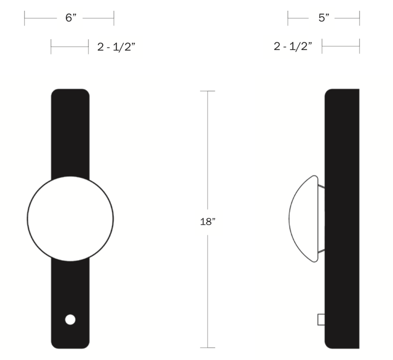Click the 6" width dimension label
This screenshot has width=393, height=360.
(71, 18)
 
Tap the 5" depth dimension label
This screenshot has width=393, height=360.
(323, 18)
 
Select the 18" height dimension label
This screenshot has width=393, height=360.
(208, 221)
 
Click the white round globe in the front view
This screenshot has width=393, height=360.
(70, 218)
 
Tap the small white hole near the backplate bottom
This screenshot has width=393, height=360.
(70, 320)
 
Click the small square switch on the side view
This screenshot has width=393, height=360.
(321, 320)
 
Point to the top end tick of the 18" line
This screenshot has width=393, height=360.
(208, 91)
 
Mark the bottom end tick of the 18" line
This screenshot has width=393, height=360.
(208, 348)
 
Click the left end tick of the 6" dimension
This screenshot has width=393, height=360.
(25, 19)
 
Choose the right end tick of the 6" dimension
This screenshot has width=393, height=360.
(114, 19)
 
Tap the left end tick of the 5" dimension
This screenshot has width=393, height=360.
(288, 19)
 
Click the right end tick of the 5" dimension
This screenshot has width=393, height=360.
(360, 19)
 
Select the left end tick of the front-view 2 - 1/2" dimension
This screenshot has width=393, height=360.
(51, 47)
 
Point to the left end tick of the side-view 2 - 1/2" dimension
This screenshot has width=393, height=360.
(322, 47)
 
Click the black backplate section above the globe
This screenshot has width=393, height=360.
(70, 133)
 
